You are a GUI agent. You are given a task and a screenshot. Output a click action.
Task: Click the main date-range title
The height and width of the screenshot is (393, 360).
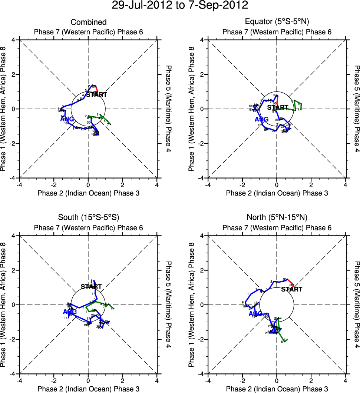click(x=180, y=6)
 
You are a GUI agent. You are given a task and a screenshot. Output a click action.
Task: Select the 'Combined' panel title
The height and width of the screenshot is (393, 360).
click(x=88, y=22)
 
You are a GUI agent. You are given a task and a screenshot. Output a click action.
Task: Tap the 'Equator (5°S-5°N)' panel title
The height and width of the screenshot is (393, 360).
click(x=277, y=22)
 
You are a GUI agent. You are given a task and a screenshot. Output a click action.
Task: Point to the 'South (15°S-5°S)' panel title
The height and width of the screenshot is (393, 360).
click(x=88, y=217)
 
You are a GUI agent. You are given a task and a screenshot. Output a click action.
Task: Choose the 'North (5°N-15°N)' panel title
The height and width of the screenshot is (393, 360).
click(x=277, y=217)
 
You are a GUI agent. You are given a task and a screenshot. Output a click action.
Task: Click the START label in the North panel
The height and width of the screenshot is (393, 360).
click(x=291, y=289)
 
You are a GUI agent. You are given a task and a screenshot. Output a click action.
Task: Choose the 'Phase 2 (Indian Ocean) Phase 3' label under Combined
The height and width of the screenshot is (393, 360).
click(x=88, y=193)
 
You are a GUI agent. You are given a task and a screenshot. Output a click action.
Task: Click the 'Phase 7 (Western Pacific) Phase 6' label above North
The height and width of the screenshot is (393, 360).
click(x=277, y=227)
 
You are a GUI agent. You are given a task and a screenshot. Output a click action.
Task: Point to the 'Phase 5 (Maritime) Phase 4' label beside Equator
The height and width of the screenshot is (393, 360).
click(x=357, y=109)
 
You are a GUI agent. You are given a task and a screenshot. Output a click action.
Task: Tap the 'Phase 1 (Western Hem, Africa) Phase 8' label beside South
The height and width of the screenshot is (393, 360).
click(x=4, y=305)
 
